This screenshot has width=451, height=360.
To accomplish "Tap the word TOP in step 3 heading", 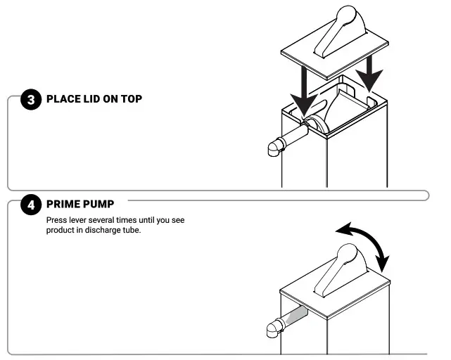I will coord(129,99).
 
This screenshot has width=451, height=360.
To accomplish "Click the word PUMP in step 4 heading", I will coord(99,205).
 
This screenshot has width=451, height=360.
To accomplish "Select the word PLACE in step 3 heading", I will coord(60,99).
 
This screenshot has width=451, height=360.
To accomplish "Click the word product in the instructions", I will coord(61,231).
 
